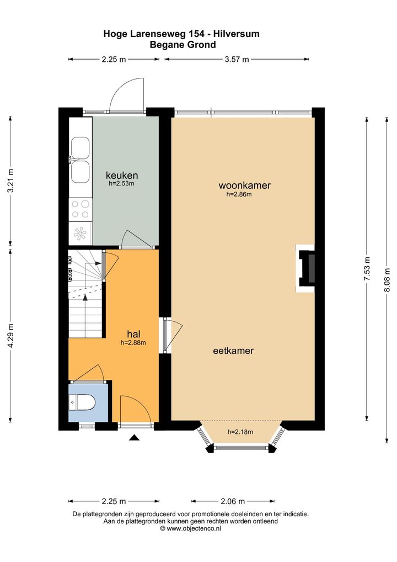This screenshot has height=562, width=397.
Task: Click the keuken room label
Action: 122,176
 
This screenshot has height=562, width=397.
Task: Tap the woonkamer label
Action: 244,185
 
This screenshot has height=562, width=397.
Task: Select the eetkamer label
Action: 233,351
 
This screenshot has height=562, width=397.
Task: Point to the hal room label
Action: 133,334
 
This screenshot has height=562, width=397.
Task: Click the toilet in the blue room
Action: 82,402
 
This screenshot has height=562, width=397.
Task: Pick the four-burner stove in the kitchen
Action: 81,209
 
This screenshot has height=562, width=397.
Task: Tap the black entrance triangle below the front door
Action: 134,437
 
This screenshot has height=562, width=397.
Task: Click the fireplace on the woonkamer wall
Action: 305,268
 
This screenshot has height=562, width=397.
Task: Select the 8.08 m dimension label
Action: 387,280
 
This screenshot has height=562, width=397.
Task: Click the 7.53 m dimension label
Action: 367,269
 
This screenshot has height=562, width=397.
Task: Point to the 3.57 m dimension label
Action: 237,60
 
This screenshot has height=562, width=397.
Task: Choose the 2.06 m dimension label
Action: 232,501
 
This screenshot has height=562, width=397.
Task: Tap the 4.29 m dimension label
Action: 10,336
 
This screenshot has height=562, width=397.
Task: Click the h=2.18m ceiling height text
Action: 240,432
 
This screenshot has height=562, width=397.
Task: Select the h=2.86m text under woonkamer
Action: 239,194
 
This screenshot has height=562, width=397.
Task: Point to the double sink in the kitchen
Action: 80,160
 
